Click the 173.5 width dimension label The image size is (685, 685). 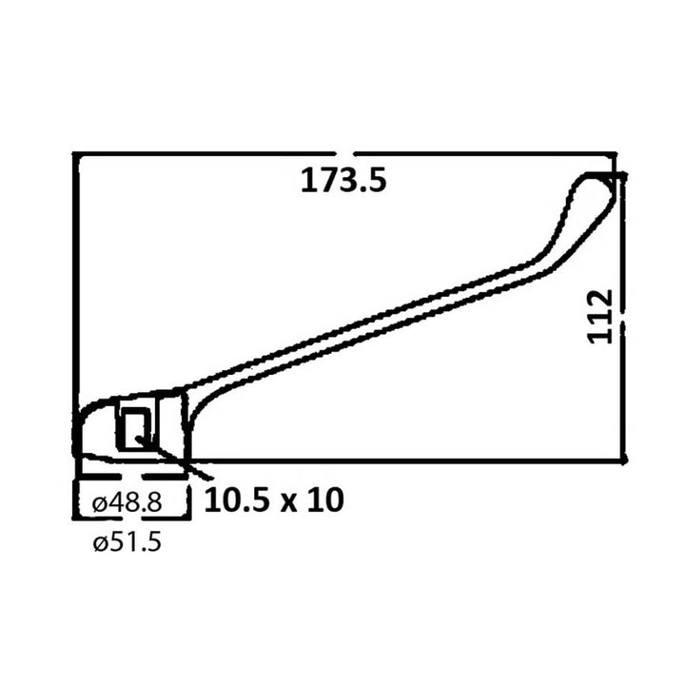(x=343, y=180)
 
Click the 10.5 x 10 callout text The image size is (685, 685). (x=273, y=499)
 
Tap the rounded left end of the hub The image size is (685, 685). (x=80, y=433)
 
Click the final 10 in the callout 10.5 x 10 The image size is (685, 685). (x=323, y=499)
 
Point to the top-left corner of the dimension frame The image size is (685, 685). (x=75, y=153)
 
